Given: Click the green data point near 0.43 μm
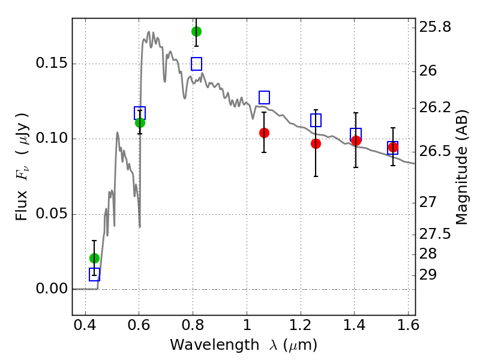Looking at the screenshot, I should (94, 258).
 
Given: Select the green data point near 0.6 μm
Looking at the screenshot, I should (140, 122).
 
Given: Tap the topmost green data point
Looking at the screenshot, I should (196, 31).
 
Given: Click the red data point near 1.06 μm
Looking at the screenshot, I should (264, 132).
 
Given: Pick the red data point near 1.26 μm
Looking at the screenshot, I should (316, 143).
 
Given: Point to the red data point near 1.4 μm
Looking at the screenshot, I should (356, 140).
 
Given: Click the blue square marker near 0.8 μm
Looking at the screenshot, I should (196, 64).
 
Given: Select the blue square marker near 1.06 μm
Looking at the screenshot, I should (264, 97).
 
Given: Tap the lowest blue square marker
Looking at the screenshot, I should (94, 274).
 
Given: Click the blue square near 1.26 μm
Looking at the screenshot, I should (316, 120).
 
